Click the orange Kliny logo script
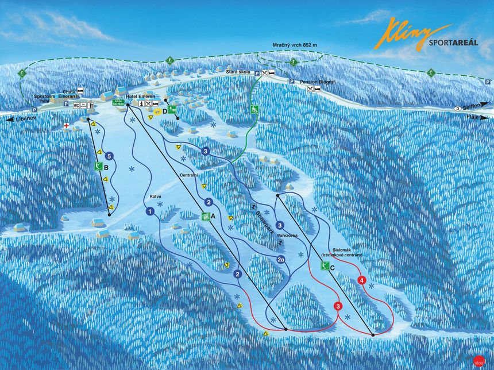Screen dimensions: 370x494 pyautogui.click(x=409, y=33)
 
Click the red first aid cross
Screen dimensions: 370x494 pyautogui.click(x=67, y=125)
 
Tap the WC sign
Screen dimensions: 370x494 pyautogui.click(x=76, y=105)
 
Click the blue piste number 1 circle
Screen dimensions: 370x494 pyautogui.click(x=149, y=211)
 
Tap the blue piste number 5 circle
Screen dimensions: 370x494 pyautogui.click(x=109, y=155)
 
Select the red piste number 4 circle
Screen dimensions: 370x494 pyautogui.click(x=361, y=280)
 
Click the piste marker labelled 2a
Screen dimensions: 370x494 pyautogui.click(x=280, y=260)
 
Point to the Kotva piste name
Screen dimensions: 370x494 pyautogui.click(x=155, y=197)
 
